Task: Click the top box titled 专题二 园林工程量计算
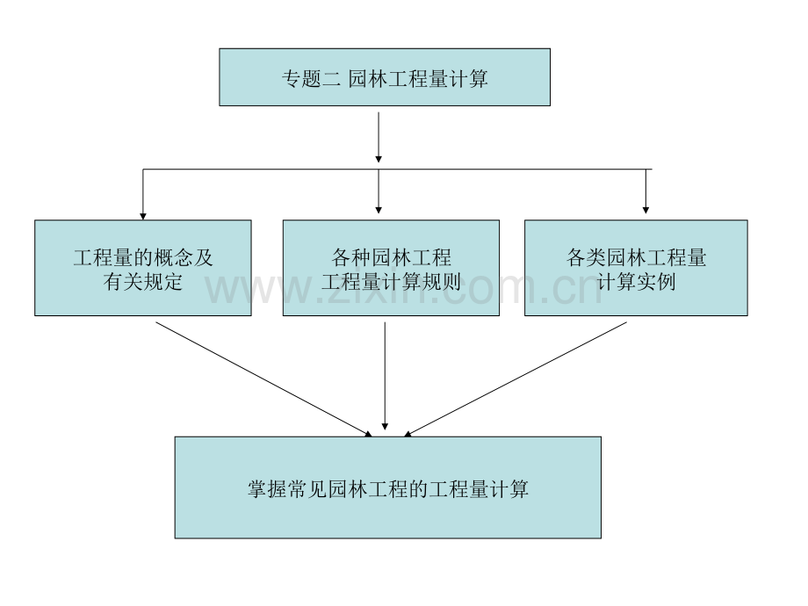point(385,77)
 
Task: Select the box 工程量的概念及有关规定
point(143,268)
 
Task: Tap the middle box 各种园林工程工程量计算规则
point(391,268)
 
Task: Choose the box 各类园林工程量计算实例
point(636,268)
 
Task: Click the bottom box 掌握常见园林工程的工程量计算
point(388,487)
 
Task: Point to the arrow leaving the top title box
point(379,138)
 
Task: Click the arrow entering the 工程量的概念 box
point(143,194)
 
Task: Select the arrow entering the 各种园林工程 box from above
point(379,191)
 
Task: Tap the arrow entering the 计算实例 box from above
point(646,191)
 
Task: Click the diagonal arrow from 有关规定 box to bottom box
point(263,379)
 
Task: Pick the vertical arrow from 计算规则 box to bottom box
point(385,376)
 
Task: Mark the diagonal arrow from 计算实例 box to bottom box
point(516,379)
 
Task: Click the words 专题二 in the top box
point(311,79)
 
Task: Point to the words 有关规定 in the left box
point(143,281)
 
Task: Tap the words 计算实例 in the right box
point(636,281)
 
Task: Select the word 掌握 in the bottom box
point(268,489)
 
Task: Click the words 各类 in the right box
point(586,257)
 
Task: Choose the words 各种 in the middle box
point(351,257)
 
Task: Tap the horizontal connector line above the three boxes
point(397,169)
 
